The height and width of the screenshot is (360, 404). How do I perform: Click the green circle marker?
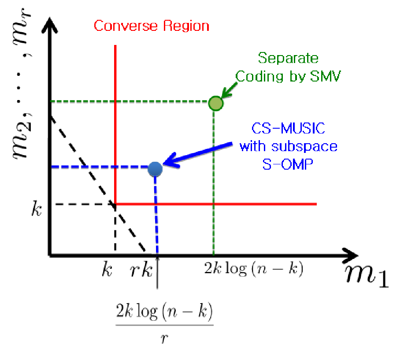215,104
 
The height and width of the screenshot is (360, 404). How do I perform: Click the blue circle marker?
155,169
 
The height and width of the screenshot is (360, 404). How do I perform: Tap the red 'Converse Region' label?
152,26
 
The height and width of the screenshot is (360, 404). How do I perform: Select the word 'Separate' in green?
288,58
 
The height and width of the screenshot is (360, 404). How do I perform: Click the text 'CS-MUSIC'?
288,128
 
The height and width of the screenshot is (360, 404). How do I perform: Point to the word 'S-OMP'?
288,164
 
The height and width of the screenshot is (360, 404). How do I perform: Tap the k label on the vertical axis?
36,208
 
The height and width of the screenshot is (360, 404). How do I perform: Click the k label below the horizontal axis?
107,270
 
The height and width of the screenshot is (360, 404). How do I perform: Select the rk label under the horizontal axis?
141,270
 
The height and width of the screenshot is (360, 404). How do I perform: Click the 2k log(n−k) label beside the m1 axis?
253,269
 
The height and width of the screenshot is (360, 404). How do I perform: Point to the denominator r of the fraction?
164,338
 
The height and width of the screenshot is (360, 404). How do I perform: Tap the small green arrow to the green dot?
229,90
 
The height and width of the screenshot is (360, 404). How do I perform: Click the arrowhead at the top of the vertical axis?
50,25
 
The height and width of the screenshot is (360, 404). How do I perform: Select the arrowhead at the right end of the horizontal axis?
350,256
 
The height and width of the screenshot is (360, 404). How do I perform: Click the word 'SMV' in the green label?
325,76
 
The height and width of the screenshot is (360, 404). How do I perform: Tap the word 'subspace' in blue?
304,146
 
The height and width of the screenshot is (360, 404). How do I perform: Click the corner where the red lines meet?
115,204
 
